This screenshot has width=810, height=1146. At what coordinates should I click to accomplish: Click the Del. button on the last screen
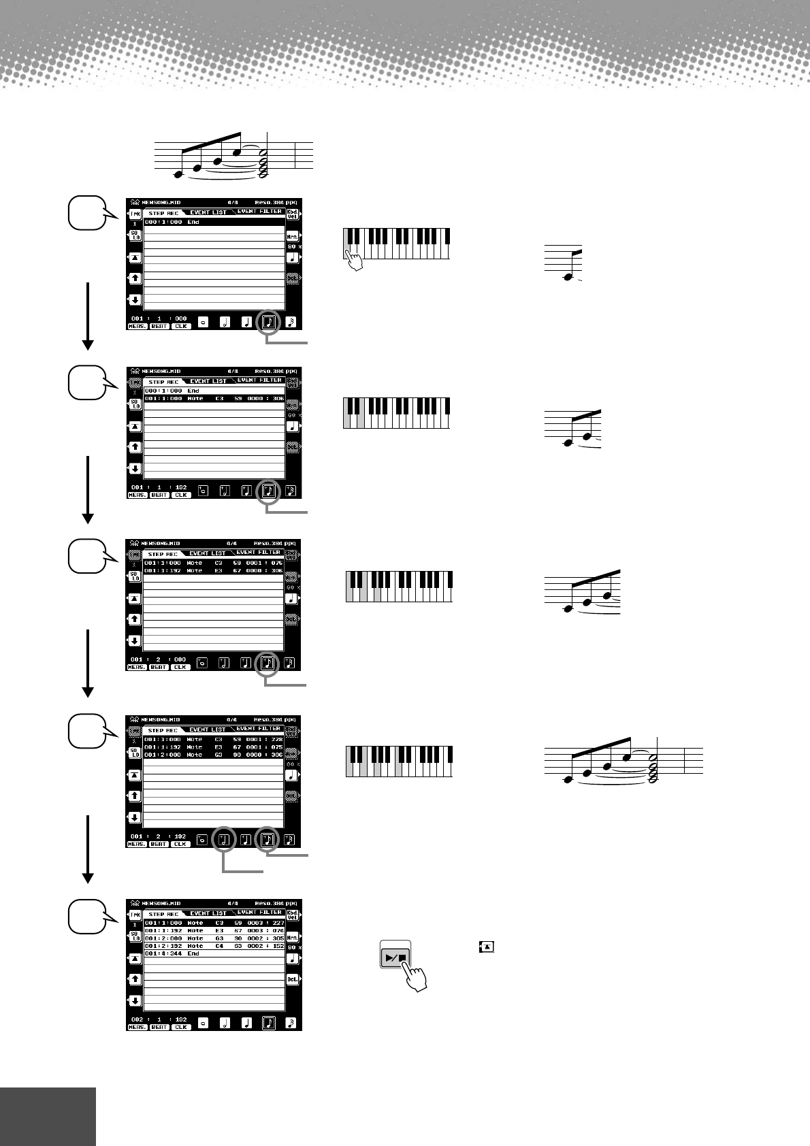[x=293, y=979]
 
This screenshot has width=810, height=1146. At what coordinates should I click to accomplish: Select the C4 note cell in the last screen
[x=218, y=946]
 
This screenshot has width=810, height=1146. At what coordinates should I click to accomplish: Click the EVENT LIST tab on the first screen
[x=208, y=212]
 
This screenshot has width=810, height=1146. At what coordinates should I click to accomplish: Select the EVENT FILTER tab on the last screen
[x=259, y=913]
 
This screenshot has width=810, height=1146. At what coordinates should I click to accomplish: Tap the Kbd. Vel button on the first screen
[x=293, y=214]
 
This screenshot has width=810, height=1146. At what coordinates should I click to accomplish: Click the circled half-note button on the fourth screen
[x=225, y=840]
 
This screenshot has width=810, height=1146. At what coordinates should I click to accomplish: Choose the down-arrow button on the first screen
[x=135, y=299]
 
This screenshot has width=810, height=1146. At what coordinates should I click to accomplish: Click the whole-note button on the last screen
[x=203, y=1023]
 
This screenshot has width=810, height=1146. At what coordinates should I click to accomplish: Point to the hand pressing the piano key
[x=353, y=260]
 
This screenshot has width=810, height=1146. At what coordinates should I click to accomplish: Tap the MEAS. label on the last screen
[x=137, y=1028]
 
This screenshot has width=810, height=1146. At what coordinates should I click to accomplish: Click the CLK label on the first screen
[x=180, y=326]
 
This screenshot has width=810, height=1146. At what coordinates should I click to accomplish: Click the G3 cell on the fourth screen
[x=218, y=755]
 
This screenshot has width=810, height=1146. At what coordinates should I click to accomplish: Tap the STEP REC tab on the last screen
[x=163, y=914]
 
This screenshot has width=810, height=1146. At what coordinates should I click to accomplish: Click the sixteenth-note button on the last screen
[x=291, y=1023]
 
